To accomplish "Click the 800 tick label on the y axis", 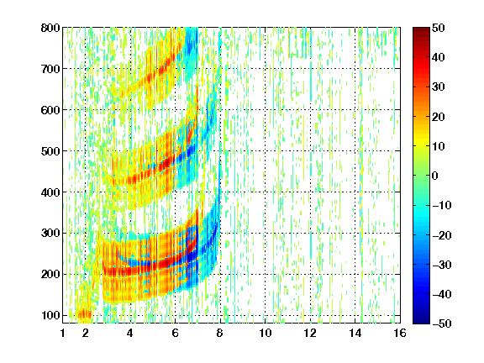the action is coord(50,28).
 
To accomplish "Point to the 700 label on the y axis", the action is coord(50,69).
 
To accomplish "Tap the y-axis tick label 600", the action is coord(50,110).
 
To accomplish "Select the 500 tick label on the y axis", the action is coord(50,151).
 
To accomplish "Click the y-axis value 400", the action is coord(50,192).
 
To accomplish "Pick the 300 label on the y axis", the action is coord(50,234).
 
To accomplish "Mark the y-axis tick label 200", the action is coord(50,275).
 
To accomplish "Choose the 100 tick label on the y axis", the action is coord(50,315).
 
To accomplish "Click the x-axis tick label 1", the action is coord(63,333).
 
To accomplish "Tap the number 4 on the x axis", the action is coord(130,333).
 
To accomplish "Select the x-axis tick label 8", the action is coord(219,333).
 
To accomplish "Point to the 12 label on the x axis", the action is coord(310,333).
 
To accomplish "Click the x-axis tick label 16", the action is coord(400,333).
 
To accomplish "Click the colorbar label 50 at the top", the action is coord(438,28).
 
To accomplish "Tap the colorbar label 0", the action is coord(435,176).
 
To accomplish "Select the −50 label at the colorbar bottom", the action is coord(441,324).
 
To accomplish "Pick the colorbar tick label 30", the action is coord(438,87).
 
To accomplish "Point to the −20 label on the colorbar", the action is coord(441,235).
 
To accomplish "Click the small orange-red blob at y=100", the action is coord(85,315).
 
